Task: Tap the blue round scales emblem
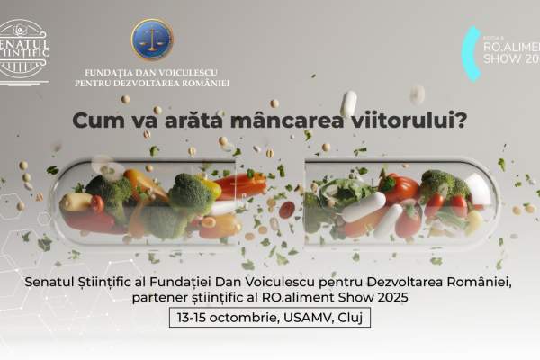152,40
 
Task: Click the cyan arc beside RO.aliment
469,52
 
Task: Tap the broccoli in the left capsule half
190,193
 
